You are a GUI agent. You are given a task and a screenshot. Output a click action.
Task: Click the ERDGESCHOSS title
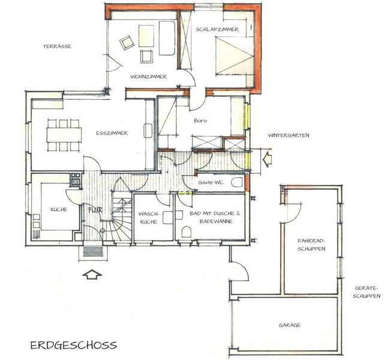(x=74, y=345)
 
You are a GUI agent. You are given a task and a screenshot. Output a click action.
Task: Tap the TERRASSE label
(x=57, y=46)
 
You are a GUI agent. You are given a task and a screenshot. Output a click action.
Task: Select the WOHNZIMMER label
(x=149, y=77)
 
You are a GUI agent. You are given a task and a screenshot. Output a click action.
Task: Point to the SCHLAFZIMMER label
(x=217, y=29)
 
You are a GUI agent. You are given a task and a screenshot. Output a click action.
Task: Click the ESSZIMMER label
(x=112, y=133)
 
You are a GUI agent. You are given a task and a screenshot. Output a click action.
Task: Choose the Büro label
(x=200, y=121)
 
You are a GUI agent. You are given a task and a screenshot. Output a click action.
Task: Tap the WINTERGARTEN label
(x=288, y=135)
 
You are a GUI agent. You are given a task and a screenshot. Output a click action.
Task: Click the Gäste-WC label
(x=210, y=182)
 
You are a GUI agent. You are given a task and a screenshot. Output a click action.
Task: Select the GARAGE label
(x=290, y=325)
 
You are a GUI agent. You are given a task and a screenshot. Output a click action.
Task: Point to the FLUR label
(x=95, y=210)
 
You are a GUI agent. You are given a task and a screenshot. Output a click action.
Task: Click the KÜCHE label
(x=59, y=209)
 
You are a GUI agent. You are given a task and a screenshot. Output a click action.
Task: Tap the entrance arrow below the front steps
(x=92, y=274)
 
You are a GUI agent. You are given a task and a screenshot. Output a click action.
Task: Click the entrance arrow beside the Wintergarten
(x=267, y=159)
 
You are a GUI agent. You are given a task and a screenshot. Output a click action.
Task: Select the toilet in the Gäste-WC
(x=237, y=182)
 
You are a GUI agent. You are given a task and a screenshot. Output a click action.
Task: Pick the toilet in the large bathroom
(x=187, y=232)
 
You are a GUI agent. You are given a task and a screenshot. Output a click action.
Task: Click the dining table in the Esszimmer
(x=64, y=134)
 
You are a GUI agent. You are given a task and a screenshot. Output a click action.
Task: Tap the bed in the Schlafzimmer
(x=234, y=56)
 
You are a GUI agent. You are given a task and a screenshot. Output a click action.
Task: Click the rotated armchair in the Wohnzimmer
(x=127, y=43)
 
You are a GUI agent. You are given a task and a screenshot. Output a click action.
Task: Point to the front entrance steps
(x=92, y=251)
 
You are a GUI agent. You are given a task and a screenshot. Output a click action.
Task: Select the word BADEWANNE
(x=216, y=221)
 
